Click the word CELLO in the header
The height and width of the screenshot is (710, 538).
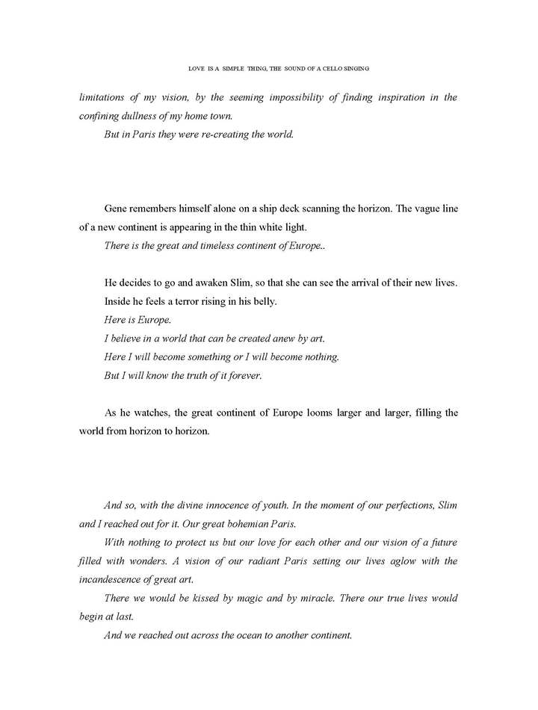point(327,68)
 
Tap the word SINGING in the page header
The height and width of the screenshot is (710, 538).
point(356,68)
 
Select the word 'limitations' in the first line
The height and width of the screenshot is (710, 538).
point(105,97)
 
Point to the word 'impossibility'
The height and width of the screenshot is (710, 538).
point(279,97)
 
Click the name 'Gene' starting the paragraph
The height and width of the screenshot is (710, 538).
point(118,209)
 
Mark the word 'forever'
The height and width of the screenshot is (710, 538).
point(241,376)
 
